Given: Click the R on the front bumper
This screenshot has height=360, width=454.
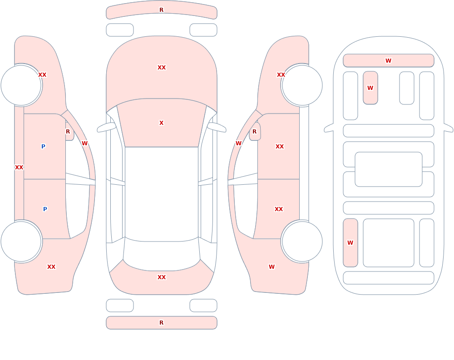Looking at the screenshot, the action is [161, 10].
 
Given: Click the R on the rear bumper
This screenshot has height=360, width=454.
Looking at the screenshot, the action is [161, 323].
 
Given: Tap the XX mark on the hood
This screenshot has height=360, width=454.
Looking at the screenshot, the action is [162, 68].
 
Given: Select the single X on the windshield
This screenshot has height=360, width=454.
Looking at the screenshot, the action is [161, 123].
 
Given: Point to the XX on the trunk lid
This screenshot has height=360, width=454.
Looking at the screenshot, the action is [162, 277].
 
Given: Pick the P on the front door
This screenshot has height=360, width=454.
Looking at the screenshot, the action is [43, 146].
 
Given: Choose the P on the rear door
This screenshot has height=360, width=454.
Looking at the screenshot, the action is [45, 209].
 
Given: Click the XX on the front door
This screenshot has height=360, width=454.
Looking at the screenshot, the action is [279, 147].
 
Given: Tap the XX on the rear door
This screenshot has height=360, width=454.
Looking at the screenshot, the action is [279, 209].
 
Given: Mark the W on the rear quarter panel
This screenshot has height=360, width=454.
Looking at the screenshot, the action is [271, 267].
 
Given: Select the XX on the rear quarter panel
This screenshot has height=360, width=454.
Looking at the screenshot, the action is [51, 267].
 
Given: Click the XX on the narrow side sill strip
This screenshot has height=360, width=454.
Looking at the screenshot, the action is [19, 168].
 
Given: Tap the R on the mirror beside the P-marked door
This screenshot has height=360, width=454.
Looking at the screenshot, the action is [68, 132].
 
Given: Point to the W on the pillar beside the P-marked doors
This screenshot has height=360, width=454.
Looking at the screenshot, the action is [84, 143].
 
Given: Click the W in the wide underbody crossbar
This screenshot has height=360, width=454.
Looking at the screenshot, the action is [388, 60].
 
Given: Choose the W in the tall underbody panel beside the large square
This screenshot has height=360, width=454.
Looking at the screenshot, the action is [350, 243].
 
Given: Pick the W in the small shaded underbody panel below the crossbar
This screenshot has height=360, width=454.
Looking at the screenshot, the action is [370, 88].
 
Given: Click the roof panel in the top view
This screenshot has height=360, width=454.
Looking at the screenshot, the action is [162, 194].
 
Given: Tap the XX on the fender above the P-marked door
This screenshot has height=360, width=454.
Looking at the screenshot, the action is [42, 75].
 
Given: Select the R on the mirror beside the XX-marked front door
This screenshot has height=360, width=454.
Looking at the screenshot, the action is [255, 132].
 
